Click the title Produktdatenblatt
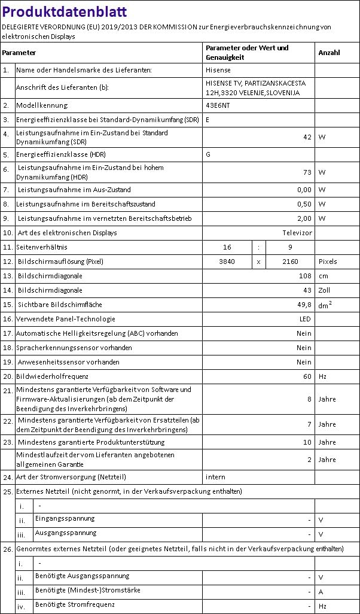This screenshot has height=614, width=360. click(64, 12)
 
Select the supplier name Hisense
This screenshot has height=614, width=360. click(218, 71)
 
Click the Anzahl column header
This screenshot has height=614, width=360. click(329, 53)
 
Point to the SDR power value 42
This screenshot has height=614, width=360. click(307, 137)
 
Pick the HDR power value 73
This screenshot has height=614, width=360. click(307, 172)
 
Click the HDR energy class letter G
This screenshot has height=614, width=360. click(208, 154)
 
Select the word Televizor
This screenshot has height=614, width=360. click(297, 233)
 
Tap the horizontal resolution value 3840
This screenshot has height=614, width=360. click(227, 262)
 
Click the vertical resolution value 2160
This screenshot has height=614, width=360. click(290, 262)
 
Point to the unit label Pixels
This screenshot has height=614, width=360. click(328, 262)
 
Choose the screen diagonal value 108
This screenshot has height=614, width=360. click(305, 276)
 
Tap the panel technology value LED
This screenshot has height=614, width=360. click(305, 319)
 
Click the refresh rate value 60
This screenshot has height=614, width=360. click(307, 376)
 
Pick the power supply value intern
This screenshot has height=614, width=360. click(216, 477)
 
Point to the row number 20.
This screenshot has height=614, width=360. click(7, 376)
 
